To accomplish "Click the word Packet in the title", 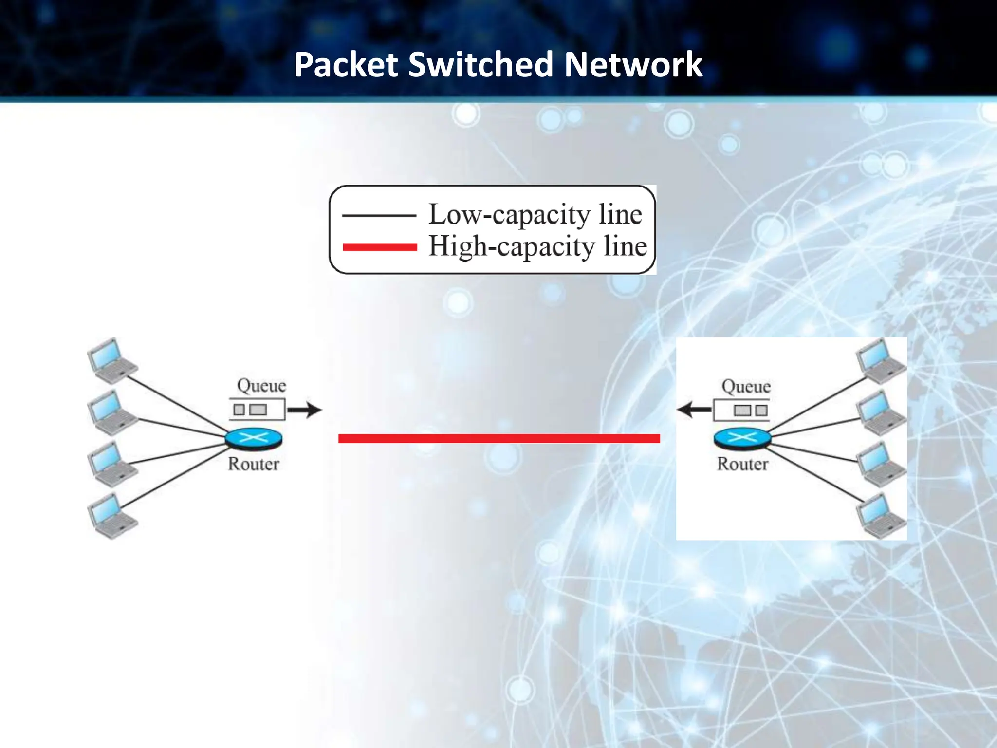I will point(346,65).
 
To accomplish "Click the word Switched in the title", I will point(481,65).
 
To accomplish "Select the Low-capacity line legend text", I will point(535,214).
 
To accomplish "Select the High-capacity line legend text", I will point(537,246).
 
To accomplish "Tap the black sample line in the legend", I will point(379,215).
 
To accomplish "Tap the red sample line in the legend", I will point(380,247).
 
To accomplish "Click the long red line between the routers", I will point(499,438).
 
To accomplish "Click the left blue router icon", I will point(254,438).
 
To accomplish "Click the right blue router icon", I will point(742,438).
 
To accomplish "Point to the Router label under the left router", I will point(254,464).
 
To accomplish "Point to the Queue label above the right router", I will point(746,387).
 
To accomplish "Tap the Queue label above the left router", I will point(261,386).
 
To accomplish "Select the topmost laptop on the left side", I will point(112,361).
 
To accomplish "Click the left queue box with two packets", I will point(257,410).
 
